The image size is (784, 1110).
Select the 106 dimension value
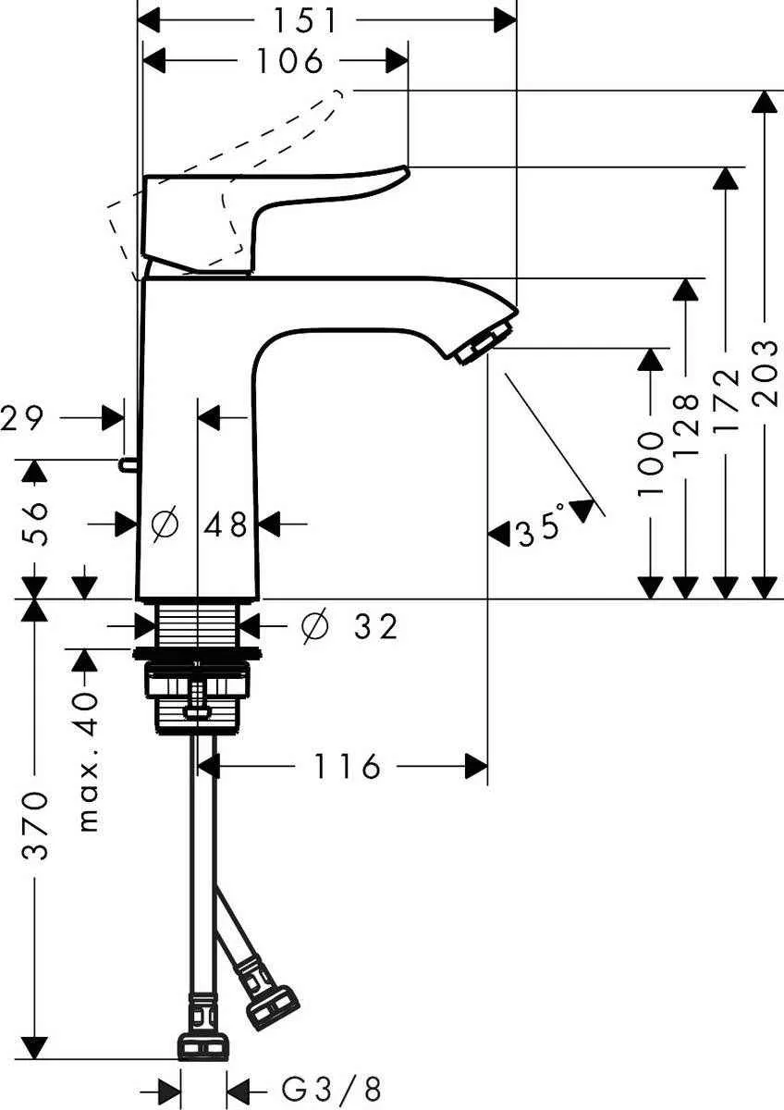click(288, 61)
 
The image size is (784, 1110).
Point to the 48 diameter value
click(226, 524)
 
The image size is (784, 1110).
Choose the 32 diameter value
click(375, 627)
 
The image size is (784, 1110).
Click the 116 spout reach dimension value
click(346, 766)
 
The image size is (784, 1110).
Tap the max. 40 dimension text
click(86, 760)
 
